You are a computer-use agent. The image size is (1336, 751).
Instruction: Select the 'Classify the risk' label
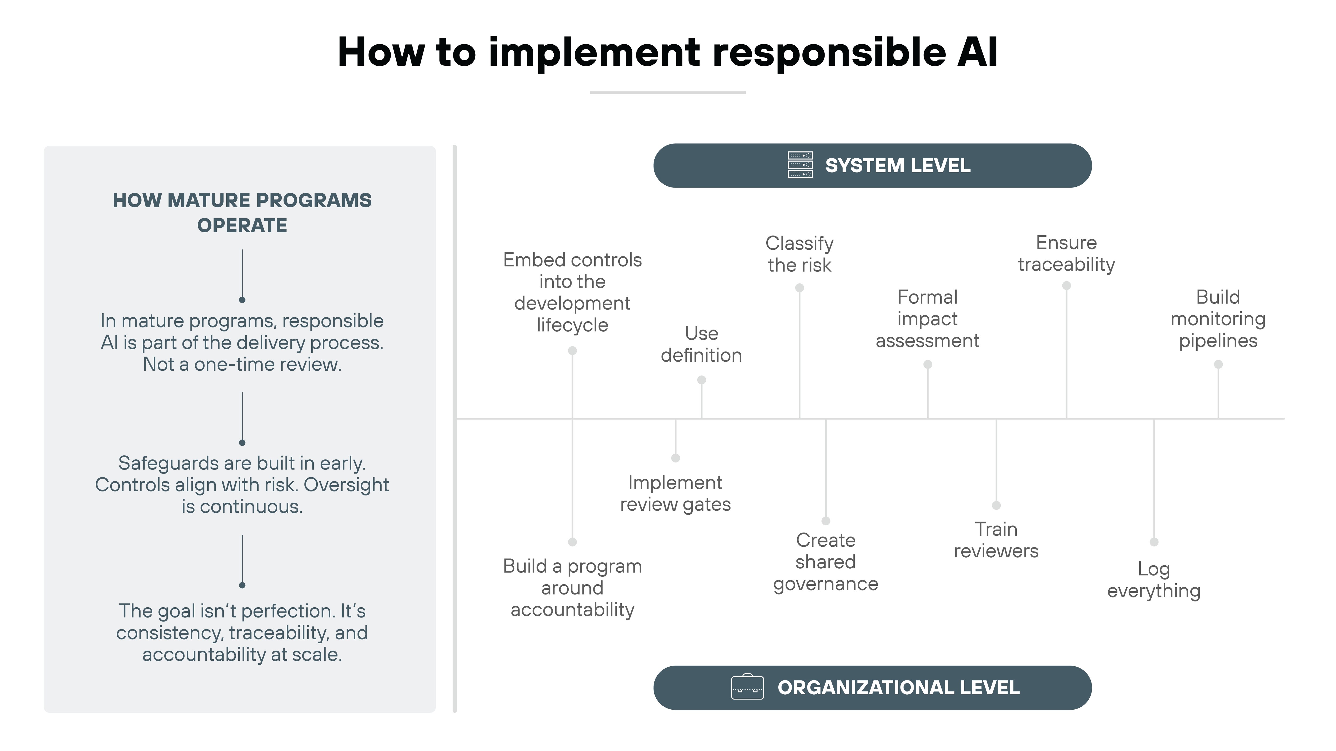tap(799, 254)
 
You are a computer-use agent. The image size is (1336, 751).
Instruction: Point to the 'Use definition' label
tap(701, 344)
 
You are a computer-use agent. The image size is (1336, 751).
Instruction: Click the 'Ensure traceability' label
tap(1066, 253)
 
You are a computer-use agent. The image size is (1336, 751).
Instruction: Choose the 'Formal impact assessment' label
tap(927, 319)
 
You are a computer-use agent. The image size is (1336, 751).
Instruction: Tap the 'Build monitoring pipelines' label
tap(1218, 319)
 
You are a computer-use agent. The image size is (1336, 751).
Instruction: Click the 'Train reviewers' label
tap(996, 540)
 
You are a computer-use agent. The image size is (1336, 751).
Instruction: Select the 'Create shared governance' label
tap(826, 562)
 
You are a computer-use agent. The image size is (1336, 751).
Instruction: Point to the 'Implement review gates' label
tap(675, 493)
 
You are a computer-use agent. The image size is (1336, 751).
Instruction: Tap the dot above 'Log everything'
tap(1154, 542)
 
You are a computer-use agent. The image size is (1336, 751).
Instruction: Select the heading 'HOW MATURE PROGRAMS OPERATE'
tap(242, 213)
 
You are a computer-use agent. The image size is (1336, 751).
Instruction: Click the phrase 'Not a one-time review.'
tap(242, 364)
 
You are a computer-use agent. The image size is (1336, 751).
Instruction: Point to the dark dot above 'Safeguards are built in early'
tap(242, 443)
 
